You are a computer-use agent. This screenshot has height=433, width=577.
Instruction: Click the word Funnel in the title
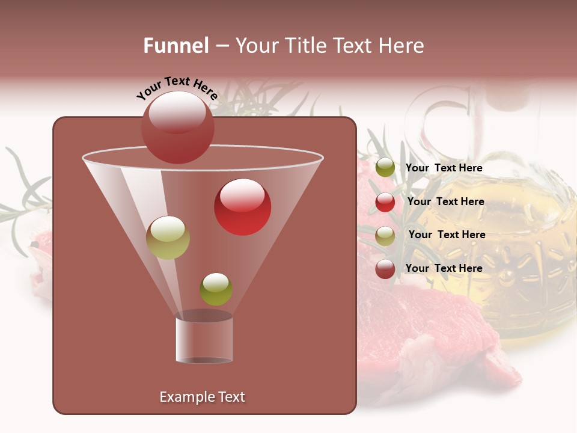[176, 46]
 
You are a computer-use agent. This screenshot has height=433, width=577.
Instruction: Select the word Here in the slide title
[403, 46]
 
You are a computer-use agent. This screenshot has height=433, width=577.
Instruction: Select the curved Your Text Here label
[177, 88]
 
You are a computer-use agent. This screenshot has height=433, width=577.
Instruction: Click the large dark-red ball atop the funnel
[178, 127]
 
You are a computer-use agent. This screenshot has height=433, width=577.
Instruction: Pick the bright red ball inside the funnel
[243, 207]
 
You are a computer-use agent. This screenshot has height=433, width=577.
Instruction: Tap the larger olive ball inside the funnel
[168, 238]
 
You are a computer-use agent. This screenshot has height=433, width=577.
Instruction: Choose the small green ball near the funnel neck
[216, 289]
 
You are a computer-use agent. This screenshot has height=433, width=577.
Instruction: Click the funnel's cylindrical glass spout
[204, 340]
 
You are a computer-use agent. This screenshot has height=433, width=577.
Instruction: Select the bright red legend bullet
[385, 202]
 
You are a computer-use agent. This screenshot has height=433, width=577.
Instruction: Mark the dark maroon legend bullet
[385, 269]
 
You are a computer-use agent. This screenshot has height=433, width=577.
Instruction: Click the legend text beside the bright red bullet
[445, 202]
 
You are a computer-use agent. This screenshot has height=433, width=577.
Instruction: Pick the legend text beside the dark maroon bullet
[444, 268]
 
